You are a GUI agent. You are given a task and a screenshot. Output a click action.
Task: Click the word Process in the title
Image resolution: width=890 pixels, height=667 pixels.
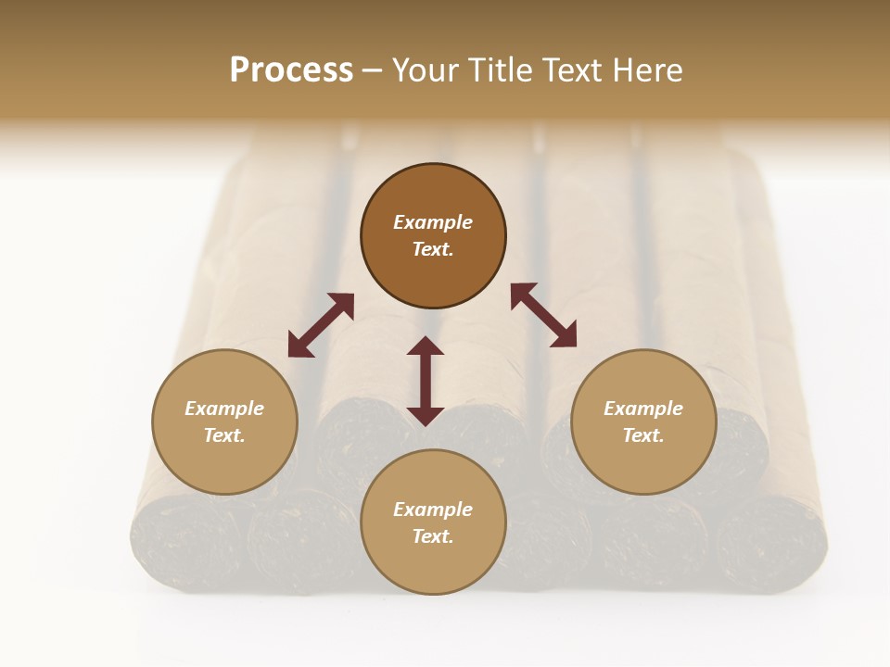point(291,70)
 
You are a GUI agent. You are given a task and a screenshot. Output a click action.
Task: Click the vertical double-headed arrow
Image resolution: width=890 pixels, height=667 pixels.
point(426,381)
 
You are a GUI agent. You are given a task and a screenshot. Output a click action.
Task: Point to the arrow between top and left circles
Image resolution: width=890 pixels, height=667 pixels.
point(321,325)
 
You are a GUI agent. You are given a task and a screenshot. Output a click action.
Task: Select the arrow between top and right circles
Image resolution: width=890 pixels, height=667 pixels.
point(543,315)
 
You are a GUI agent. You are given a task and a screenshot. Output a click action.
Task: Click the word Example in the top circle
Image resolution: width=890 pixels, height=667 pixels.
point(433,222)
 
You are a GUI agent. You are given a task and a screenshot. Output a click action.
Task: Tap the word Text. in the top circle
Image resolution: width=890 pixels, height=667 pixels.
point(433,249)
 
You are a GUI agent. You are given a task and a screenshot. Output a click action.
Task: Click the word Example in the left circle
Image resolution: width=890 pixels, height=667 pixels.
point(224,409)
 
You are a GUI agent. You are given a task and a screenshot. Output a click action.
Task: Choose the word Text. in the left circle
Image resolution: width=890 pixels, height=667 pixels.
point(224,435)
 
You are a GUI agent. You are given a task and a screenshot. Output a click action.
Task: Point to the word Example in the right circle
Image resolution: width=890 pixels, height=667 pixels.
point(643,409)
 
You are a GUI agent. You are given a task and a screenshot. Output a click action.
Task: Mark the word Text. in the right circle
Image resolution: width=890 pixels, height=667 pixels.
point(643,435)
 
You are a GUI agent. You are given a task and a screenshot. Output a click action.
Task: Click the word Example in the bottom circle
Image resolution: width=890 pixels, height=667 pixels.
point(433,510)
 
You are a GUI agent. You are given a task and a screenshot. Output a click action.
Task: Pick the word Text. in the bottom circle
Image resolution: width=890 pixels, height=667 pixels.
point(433,536)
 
